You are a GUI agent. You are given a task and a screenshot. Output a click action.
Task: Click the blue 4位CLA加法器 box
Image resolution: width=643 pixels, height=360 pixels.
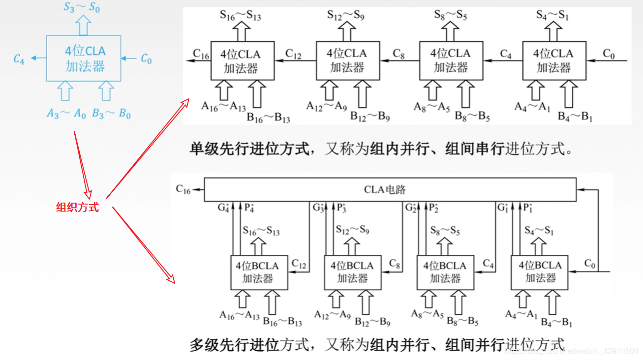84,59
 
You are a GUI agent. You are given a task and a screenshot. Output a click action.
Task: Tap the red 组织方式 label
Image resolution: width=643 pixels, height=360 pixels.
77,208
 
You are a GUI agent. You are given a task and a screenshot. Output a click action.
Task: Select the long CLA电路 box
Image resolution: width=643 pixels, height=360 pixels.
390,189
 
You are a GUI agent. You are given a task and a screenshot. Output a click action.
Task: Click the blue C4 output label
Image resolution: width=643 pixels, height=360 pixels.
19,60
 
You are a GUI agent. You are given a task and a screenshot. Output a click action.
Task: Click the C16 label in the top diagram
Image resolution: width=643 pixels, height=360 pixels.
201,54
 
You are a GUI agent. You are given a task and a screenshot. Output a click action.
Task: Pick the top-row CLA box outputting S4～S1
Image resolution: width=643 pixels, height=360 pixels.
553,60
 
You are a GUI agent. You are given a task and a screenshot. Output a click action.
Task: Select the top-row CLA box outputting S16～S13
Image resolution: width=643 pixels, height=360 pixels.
242,60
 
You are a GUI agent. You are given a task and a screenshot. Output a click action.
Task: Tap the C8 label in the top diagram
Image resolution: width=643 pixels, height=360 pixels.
399,54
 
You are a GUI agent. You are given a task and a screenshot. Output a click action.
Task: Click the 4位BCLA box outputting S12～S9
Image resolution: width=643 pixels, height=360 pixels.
352,272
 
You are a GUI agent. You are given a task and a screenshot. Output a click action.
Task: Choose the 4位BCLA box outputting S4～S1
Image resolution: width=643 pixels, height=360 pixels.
540,272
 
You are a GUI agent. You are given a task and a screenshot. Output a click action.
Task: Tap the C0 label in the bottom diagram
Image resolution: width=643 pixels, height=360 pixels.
590,264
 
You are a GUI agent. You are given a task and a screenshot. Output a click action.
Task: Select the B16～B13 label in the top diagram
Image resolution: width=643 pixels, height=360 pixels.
268,118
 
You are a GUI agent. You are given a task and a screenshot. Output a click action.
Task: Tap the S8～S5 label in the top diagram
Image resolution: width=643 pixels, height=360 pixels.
450,15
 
